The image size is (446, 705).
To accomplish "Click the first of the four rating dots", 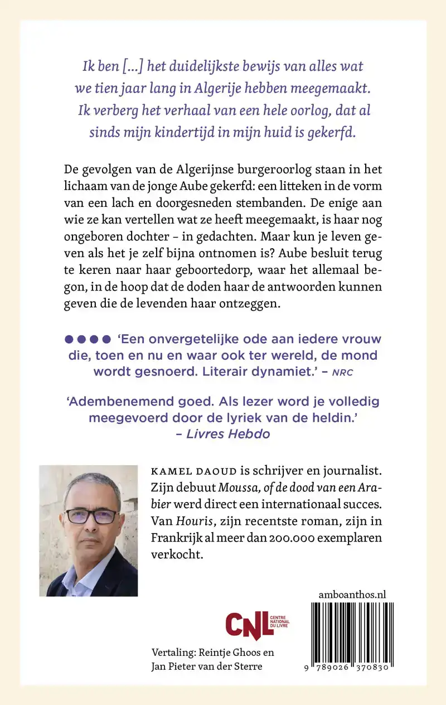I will point(69,339).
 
